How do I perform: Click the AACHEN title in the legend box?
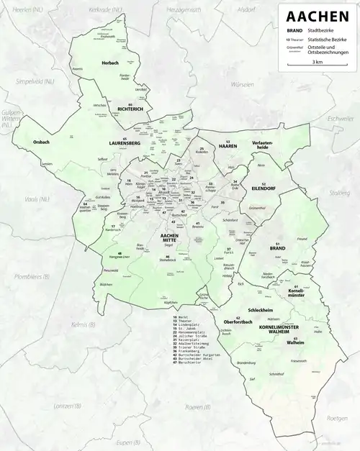(x=316, y=15)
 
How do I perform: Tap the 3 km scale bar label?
(x=317, y=62)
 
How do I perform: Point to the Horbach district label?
(x=110, y=63)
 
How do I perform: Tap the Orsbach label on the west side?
(x=42, y=143)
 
